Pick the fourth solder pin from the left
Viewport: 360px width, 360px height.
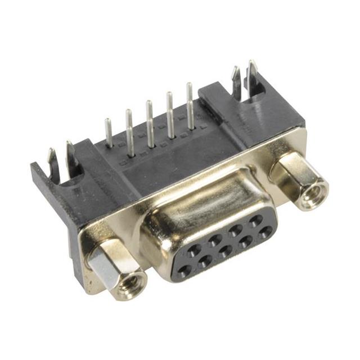click(x=169, y=115)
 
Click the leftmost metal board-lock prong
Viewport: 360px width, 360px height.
click(x=51, y=160)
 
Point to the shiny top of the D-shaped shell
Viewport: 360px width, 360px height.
click(x=202, y=202)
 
